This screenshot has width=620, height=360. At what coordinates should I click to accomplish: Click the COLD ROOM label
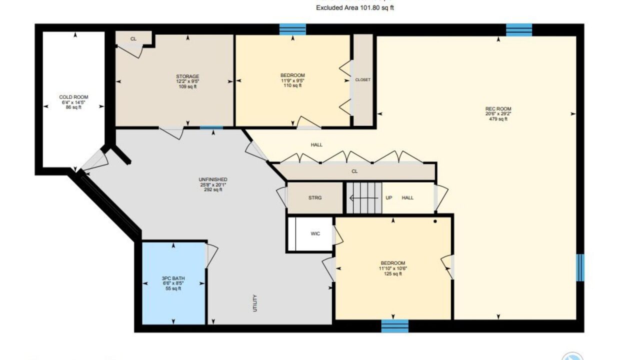click(x=73, y=97)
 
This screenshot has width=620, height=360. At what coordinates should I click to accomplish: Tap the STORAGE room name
click(x=187, y=76)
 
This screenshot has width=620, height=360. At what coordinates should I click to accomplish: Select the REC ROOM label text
click(x=498, y=108)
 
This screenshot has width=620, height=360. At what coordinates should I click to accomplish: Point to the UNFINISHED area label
click(x=213, y=179)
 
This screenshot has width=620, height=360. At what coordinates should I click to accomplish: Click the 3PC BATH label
click(x=173, y=278)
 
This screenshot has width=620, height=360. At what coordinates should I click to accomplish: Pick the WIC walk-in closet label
click(x=315, y=234)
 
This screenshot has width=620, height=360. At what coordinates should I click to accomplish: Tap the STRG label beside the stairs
click(x=315, y=198)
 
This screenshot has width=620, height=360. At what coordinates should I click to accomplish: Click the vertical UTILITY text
click(x=255, y=303)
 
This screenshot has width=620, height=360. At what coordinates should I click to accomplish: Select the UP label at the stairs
click(x=389, y=198)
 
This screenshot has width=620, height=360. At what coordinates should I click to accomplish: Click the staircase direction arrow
click(x=363, y=198)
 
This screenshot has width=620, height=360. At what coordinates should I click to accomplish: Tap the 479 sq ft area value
click(x=498, y=119)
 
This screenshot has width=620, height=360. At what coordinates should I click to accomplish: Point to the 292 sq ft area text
click(x=213, y=190)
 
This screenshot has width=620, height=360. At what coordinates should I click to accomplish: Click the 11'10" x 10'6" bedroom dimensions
click(x=393, y=268)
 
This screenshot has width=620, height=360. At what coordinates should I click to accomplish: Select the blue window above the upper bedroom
click(x=292, y=29)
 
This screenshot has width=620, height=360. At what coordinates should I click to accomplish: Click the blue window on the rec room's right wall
click(x=580, y=267)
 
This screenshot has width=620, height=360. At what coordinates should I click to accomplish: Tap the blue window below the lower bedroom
click(x=394, y=326)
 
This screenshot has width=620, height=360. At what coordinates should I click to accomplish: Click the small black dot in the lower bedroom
click(x=435, y=221)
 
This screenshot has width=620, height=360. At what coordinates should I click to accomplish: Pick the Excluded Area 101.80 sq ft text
click(x=355, y=7)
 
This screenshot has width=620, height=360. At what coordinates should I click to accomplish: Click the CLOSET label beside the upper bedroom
click(x=363, y=79)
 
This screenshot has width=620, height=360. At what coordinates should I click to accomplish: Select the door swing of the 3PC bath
click(x=211, y=256)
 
